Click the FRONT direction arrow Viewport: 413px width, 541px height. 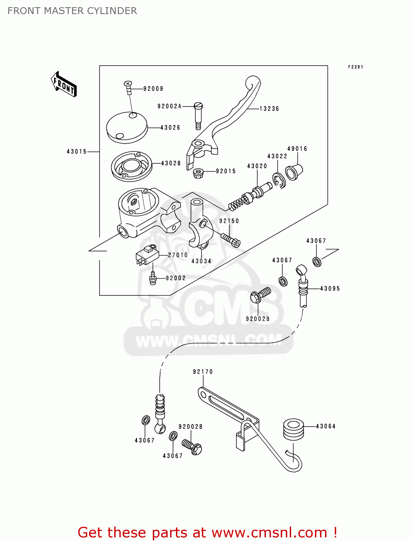[x=64, y=84]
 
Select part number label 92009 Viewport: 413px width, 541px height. [x=153, y=89]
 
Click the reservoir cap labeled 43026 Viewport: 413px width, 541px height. [x=127, y=127]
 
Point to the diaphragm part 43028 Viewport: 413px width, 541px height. [x=131, y=166]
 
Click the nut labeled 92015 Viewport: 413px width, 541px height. [x=198, y=173]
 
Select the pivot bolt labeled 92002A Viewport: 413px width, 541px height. [x=198, y=115]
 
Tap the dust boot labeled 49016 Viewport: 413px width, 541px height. [x=294, y=172]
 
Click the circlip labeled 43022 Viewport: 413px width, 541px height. [x=279, y=180]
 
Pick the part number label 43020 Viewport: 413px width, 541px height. [x=257, y=166]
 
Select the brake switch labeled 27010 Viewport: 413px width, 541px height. [x=147, y=255]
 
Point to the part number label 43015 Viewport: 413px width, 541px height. [x=77, y=152]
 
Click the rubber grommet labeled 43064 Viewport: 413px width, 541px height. [x=293, y=429]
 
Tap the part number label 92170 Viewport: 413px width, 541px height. [x=203, y=372]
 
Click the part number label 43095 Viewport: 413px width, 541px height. [x=330, y=289]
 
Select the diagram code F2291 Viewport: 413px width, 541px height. [x=355, y=67]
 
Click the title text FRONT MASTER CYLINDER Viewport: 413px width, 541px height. [x=72, y=11]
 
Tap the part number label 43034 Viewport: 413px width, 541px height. [x=201, y=261]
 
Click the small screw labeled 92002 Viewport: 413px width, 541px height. [x=152, y=279]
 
